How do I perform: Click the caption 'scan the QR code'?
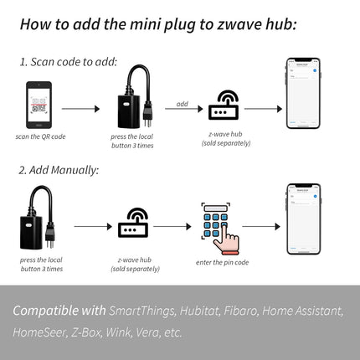[x=39, y=136]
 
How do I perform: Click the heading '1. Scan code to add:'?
[x=69, y=62]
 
